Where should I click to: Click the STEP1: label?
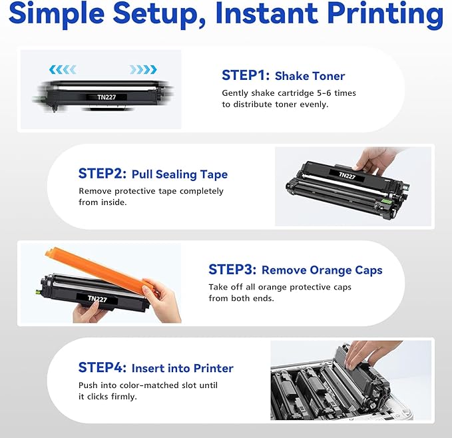coord(244,75)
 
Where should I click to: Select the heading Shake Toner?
coord(310,76)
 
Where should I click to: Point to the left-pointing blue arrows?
coord(65,69)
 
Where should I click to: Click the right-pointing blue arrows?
coord(143,69)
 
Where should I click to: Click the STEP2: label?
coord(101,174)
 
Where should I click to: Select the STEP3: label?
coord(231,270)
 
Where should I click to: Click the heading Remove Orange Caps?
coord(322,270)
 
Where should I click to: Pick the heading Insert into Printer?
coord(182,368)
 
